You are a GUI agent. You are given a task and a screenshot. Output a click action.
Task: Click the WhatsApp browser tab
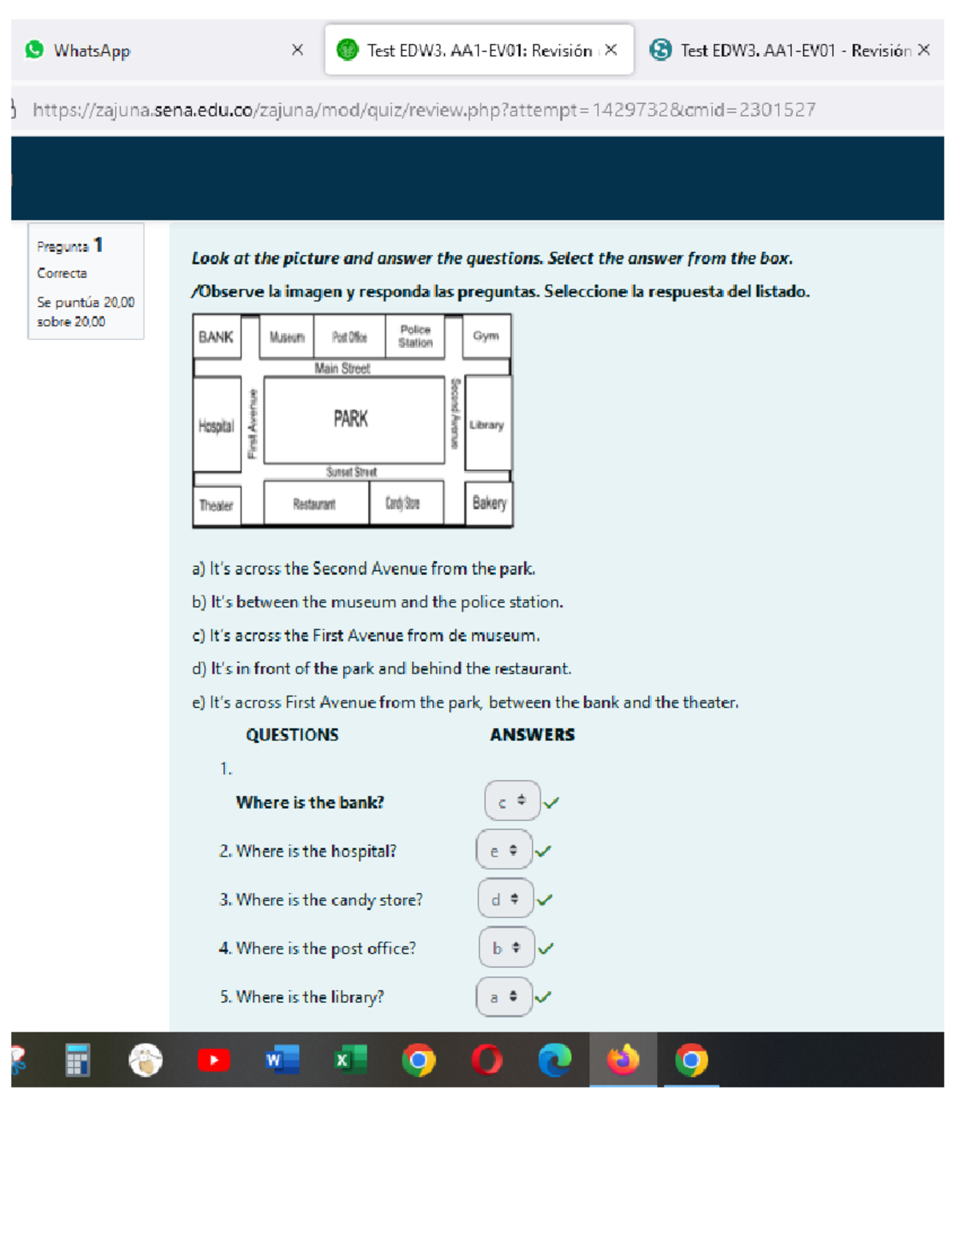[92, 50]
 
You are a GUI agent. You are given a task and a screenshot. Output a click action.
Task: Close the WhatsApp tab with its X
[298, 50]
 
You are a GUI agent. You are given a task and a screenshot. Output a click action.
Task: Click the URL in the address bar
[424, 110]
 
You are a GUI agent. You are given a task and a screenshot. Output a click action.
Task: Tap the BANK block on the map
[216, 337]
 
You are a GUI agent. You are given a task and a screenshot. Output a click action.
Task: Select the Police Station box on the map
[415, 336]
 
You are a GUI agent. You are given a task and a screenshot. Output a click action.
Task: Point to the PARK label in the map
[350, 419]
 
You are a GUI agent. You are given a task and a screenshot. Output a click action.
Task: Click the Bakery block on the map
[489, 503]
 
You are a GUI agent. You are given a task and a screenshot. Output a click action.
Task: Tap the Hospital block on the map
[216, 425]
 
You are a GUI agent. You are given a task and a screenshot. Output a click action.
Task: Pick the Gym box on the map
[486, 336]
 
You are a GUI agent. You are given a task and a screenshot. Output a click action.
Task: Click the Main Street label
[342, 369]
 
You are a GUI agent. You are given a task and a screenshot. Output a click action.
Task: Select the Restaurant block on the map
[314, 504]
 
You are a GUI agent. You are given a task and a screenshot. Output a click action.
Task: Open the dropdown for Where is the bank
[511, 801]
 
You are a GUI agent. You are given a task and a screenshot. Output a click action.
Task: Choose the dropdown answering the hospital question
[504, 850]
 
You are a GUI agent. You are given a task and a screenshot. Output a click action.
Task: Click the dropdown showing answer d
[506, 899]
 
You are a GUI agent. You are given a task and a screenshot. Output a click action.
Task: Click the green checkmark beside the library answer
[543, 996]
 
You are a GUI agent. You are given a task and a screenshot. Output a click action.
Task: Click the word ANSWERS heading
[532, 734]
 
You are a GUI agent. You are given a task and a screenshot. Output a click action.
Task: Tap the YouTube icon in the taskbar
[214, 1060]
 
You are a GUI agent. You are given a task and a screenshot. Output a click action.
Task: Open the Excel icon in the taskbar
[350, 1060]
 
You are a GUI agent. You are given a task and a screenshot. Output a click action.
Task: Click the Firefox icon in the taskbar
[622, 1060]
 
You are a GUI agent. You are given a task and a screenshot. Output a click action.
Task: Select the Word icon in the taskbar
[282, 1060]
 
